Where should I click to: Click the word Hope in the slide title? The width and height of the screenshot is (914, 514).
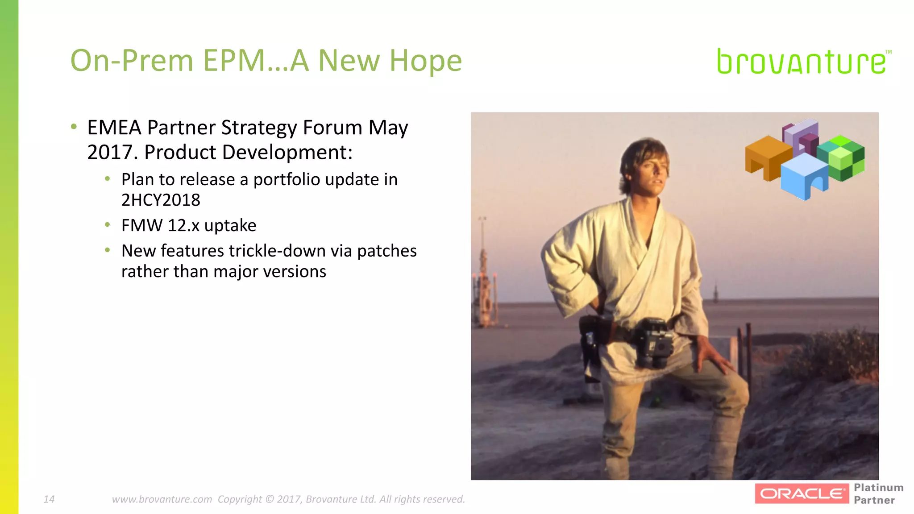(x=425, y=61)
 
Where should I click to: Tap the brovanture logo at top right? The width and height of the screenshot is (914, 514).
(x=802, y=62)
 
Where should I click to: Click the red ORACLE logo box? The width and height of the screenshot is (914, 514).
(x=802, y=493)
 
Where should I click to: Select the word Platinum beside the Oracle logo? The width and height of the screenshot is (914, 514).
(x=878, y=487)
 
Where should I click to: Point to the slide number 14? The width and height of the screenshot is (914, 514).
(x=49, y=499)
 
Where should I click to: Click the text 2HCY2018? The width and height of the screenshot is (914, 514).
(x=161, y=200)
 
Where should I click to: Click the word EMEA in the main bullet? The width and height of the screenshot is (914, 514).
(x=114, y=128)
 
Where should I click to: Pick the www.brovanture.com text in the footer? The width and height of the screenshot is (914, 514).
(x=162, y=499)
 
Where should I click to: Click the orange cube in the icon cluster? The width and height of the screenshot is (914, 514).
(x=766, y=157)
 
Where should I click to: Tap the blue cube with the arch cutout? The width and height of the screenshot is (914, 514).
(x=804, y=177)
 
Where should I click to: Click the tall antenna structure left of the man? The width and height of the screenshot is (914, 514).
(x=483, y=272)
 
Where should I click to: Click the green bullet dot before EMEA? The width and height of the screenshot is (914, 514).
(x=74, y=127)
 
